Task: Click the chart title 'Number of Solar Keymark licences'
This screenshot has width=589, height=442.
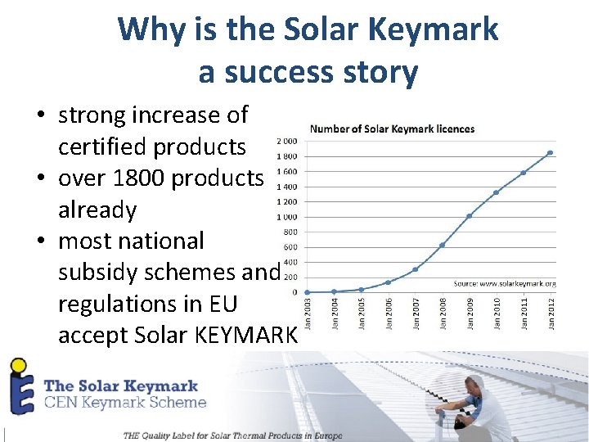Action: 392,129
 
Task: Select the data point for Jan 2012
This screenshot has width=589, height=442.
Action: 551,152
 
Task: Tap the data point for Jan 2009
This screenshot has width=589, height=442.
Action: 469,216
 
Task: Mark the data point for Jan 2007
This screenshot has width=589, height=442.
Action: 416,269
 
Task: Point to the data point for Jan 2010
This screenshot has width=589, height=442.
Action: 497,192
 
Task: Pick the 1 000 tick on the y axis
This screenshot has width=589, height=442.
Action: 286,217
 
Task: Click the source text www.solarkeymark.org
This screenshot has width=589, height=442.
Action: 505,283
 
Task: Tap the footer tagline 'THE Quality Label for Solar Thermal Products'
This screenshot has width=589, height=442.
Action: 232,435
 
